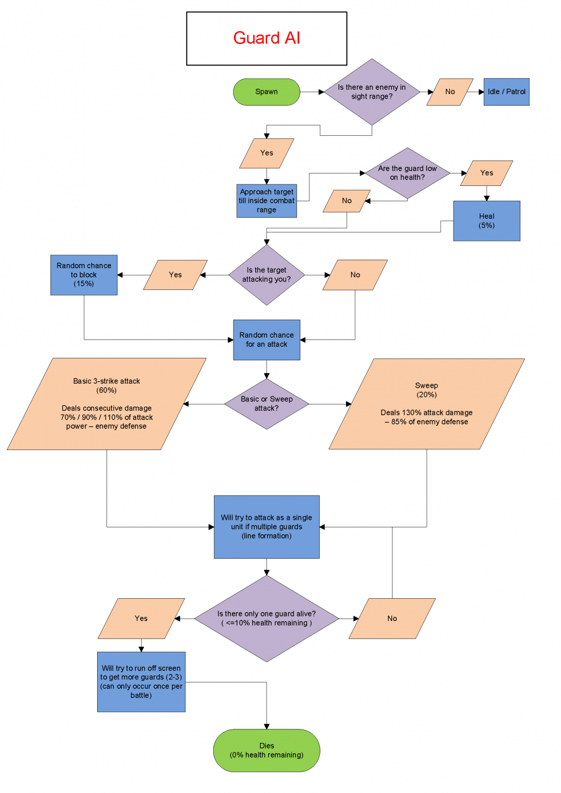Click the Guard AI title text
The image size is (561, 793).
(x=267, y=38)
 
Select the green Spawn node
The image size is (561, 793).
(x=267, y=92)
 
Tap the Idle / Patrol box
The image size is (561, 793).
(x=506, y=92)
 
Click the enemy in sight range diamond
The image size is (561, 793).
(x=372, y=92)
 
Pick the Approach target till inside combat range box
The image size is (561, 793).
(x=267, y=201)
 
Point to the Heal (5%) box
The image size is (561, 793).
(x=486, y=221)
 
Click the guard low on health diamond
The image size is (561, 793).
(x=407, y=173)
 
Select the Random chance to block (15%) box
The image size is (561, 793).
(x=84, y=275)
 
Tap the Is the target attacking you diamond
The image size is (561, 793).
(x=267, y=275)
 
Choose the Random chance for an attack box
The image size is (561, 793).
(x=267, y=340)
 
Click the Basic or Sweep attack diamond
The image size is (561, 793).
(x=267, y=403)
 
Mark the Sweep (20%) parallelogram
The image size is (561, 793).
(x=426, y=403)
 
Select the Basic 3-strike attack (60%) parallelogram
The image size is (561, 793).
(x=107, y=403)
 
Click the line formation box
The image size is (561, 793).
(x=267, y=526)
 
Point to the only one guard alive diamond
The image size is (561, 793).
(x=267, y=618)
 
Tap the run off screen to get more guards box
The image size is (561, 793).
(x=141, y=681)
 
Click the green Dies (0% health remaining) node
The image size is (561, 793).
(x=267, y=750)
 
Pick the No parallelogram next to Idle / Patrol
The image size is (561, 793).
(x=449, y=92)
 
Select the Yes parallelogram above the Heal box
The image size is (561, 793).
(x=486, y=173)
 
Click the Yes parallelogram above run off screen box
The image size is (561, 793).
(x=141, y=618)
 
